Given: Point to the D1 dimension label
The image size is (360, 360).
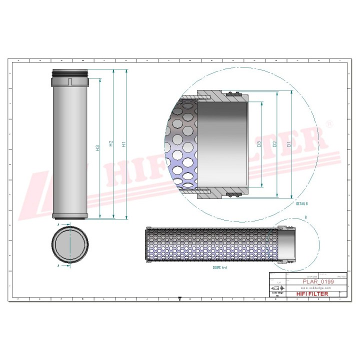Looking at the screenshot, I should coord(289,144).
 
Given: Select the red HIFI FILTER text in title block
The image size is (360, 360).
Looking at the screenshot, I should coord(313,295).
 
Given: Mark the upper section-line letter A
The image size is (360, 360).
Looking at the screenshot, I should coord(59,225).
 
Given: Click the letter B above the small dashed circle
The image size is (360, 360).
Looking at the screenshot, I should coord(305,217).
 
